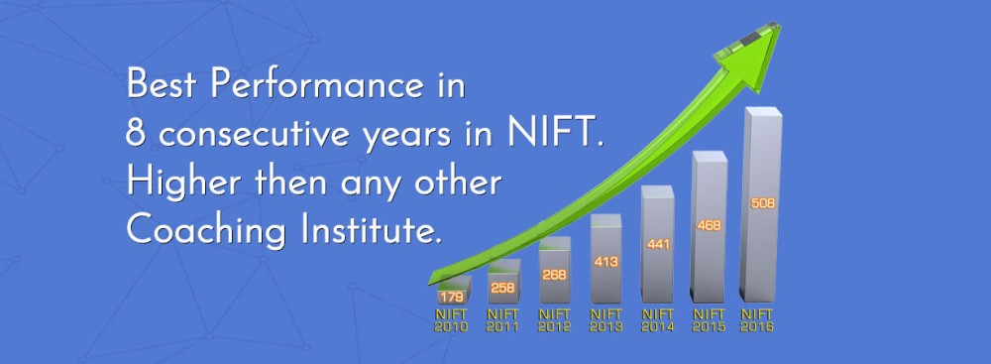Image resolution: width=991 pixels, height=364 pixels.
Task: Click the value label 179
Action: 453,297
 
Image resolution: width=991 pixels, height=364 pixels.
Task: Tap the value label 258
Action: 503,288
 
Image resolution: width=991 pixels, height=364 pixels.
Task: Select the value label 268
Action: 554,276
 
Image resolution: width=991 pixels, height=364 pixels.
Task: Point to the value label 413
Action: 606,262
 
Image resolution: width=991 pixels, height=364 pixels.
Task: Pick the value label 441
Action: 658,244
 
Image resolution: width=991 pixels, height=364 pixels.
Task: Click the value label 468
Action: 710,225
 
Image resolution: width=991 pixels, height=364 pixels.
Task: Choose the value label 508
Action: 763,204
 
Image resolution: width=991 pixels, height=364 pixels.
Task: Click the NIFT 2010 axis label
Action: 451,320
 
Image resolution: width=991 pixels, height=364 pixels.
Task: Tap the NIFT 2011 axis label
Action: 502,320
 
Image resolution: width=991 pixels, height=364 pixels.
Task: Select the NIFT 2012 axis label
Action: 554,320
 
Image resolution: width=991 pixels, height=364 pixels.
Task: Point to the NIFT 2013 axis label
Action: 606,320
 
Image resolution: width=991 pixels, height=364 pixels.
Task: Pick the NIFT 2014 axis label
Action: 658,320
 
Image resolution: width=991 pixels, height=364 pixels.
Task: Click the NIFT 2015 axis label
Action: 710,320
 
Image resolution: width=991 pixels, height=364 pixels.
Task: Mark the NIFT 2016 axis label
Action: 757,320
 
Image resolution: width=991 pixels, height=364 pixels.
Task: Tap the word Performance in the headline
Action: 317,85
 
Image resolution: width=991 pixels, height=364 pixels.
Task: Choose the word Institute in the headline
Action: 370,229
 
